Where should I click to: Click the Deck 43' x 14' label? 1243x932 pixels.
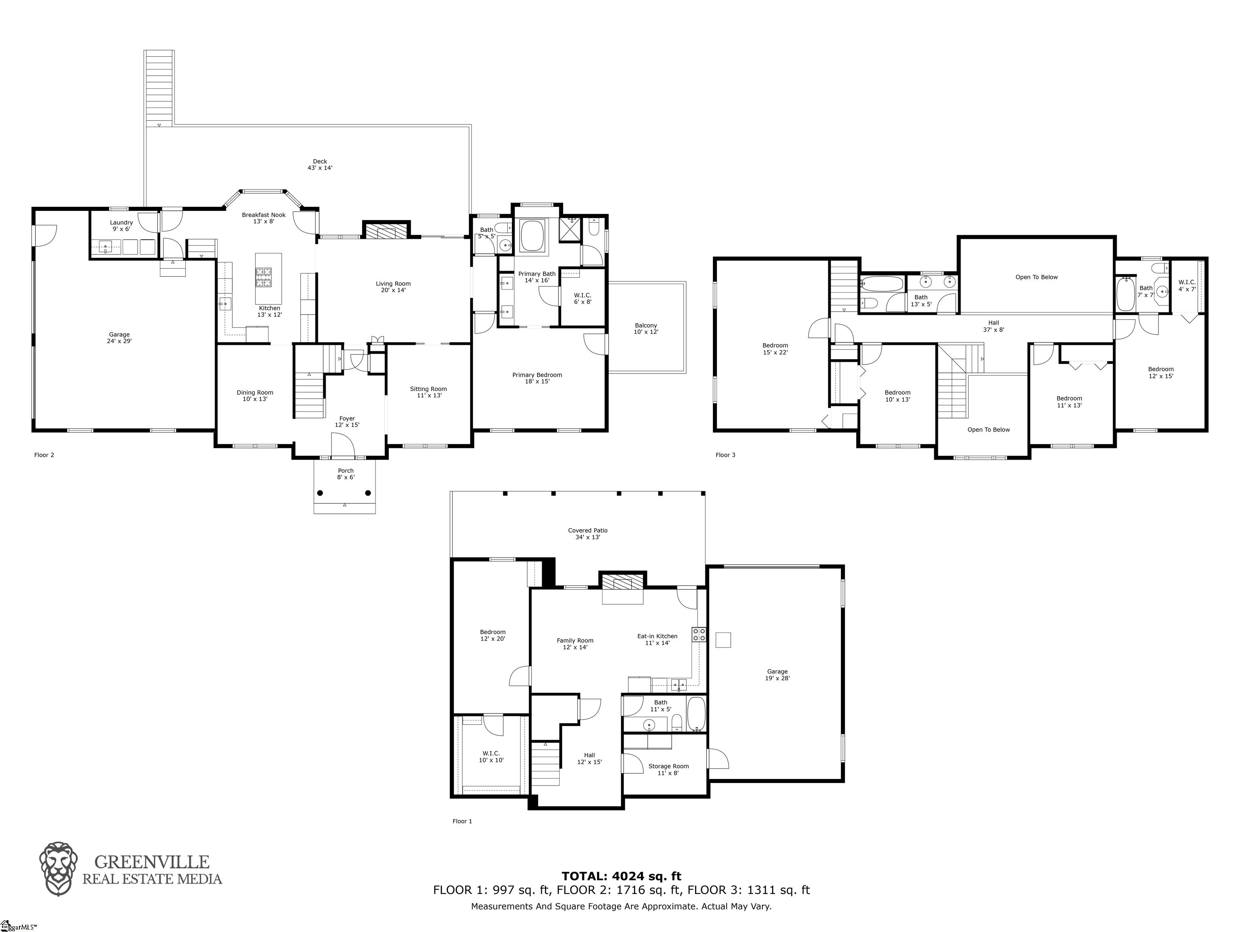320,165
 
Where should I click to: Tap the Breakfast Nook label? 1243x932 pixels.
263,215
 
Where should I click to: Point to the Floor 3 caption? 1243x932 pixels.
725,455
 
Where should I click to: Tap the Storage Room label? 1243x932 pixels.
668,766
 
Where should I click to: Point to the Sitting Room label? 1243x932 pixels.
428,389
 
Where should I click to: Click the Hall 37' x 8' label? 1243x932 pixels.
993,326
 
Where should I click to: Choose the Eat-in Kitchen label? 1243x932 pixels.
657,636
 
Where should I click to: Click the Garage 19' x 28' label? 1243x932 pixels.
777,675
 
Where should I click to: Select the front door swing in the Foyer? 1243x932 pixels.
342,445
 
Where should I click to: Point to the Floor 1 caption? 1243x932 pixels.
462,821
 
